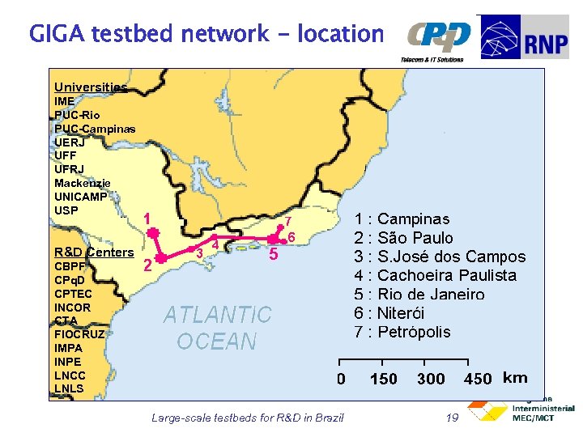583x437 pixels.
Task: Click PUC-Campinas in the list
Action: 94,129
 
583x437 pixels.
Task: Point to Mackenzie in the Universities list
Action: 82,183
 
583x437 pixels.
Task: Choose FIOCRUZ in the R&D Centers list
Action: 79,334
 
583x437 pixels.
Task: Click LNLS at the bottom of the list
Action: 69,388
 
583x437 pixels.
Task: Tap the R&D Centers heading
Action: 93,252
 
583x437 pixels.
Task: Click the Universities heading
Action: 90,87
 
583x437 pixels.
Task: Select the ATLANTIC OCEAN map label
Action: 217,327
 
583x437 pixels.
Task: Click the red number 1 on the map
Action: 147,218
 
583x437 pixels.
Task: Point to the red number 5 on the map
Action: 274,256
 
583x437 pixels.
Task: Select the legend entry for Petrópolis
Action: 403,332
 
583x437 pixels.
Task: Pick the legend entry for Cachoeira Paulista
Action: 436,275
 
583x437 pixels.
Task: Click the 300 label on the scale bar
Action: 431,379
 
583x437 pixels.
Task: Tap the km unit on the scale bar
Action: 515,378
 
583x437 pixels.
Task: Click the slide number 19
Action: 453,418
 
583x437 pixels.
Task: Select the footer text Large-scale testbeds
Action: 247,418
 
